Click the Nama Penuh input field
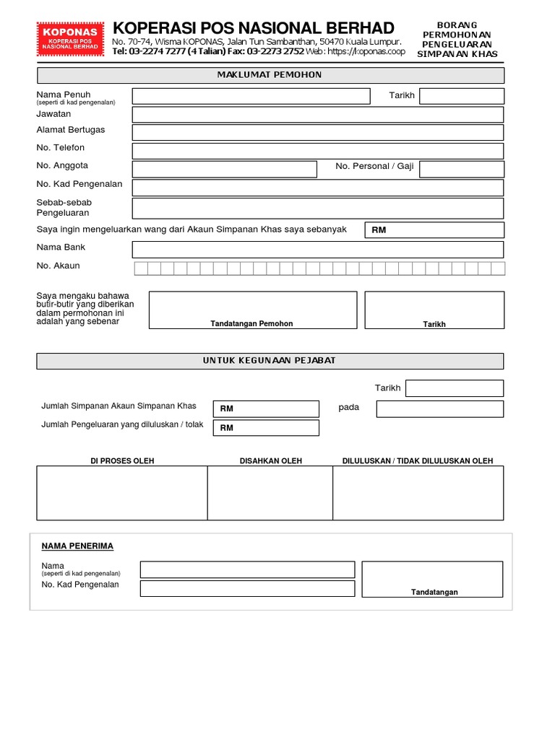pyautogui.click(x=251, y=96)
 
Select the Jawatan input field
pyautogui.click(x=317, y=115)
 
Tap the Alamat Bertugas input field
pyautogui.click(x=317, y=132)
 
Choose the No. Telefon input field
pyautogui.click(x=317, y=151)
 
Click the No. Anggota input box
pyautogui.click(x=224, y=169)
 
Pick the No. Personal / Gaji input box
pyautogui.click(x=461, y=169)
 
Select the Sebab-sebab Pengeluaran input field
pyautogui.click(x=317, y=209)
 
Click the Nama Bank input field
pyautogui.click(x=317, y=250)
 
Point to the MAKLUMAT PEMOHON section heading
pyautogui.click(x=270, y=75)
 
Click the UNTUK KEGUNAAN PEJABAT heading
pyautogui.click(x=270, y=361)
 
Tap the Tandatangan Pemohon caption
pyautogui.click(x=251, y=324)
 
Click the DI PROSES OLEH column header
pyautogui.click(x=122, y=461)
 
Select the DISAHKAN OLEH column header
pyautogui.click(x=271, y=461)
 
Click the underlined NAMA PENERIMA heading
pyautogui.click(x=77, y=546)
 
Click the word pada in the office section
pyautogui.click(x=348, y=408)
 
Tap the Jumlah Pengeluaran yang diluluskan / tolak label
pyautogui.click(x=123, y=424)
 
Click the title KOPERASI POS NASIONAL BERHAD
pyautogui.click(x=254, y=28)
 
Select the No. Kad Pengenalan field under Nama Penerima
pyautogui.click(x=247, y=588)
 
